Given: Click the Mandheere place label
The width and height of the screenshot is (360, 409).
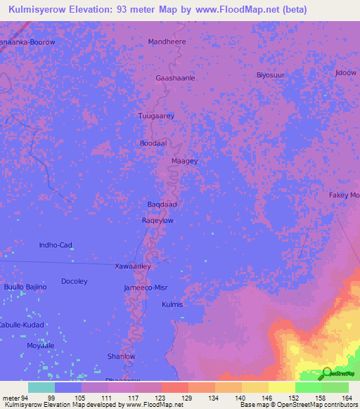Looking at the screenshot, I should tap(166, 42).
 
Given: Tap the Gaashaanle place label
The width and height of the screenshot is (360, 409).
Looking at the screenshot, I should tap(175, 79).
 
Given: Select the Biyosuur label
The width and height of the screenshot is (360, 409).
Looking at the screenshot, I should tap(270, 74).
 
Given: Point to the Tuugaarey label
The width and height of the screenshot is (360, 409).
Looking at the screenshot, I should tap(156, 116).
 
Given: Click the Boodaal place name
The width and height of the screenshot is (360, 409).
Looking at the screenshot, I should tap(153, 143).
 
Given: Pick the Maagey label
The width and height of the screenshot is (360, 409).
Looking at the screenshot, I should tap(185, 161).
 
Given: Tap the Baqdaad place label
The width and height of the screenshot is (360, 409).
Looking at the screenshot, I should tap(161, 204).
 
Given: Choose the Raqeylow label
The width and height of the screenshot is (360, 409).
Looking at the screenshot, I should tap(158, 220).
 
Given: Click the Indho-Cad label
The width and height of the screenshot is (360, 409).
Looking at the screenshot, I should tap(56, 245).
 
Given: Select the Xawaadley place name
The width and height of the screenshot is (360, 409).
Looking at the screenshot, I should tap(133, 266).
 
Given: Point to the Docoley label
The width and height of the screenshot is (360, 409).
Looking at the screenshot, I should tap(75, 282).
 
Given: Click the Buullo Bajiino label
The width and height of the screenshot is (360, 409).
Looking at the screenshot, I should tap(25, 287).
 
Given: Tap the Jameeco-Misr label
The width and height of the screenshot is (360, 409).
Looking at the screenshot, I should tap(146, 288).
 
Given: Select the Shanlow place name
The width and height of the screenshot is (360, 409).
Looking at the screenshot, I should tap(121, 356).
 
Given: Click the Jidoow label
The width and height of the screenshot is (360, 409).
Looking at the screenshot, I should tap(346, 72).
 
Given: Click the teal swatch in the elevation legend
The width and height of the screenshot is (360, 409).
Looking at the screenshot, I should tap(41, 387).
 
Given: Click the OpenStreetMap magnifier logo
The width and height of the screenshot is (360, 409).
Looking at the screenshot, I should tap(327, 373).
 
